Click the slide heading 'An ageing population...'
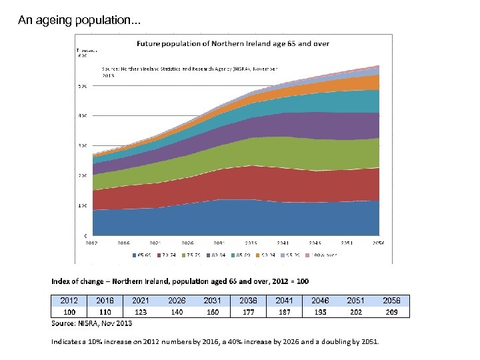79,20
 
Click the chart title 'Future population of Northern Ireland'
233,44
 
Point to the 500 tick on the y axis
82,86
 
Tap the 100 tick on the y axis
82,205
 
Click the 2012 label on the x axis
92,243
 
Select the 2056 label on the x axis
379,243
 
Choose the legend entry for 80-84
217,255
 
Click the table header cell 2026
177,301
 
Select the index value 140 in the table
177,311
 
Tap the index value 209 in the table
392,311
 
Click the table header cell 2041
284,301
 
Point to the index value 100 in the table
69,311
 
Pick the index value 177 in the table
248,311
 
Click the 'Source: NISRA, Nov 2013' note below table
91,323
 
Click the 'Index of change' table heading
180,281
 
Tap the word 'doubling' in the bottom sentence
331,342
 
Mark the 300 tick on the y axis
82,145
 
